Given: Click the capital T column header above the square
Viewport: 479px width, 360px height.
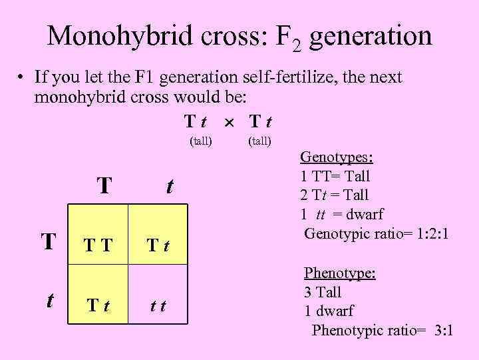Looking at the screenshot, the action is coord(103,186).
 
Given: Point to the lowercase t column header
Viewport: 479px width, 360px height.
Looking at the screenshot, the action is coord(169,186).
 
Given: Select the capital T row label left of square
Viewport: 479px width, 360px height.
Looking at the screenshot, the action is coord(49,241).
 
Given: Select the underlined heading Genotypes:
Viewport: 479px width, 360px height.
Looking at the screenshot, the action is coord(337,157).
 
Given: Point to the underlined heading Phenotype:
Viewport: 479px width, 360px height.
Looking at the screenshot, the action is coord(340,273).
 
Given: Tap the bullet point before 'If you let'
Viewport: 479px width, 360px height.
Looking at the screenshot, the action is coord(21,78).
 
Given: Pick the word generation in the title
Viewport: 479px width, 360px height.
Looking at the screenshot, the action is coord(371,36).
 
